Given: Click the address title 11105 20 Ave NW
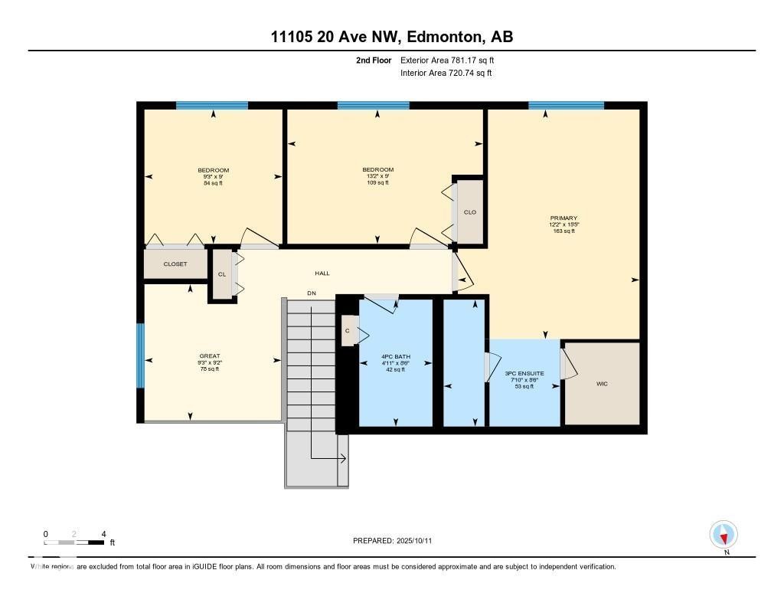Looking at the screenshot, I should point(391,36).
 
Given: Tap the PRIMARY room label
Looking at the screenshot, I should point(563,218).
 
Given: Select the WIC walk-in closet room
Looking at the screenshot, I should point(602,383).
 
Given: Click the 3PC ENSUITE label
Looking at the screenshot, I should point(525,373).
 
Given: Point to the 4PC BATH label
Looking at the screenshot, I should point(396,357).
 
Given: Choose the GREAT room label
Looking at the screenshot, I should point(210,356).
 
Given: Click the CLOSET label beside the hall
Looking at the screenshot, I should point(175,264).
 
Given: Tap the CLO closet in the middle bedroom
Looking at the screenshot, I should point(470,212).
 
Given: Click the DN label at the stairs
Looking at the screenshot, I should point(311,293).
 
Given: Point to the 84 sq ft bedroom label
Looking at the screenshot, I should point(213,176).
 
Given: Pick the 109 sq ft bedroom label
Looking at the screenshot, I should point(378,176).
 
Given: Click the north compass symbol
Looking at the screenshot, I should point(724,534).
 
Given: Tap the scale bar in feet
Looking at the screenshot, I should point(74,542).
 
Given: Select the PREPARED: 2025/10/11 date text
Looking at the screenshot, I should point(397,541).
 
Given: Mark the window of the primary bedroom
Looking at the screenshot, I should point(566,106).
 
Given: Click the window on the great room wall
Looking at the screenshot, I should point(140,355).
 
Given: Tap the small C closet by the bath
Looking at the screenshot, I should point(348,331).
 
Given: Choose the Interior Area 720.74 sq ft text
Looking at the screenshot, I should point(446,74).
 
